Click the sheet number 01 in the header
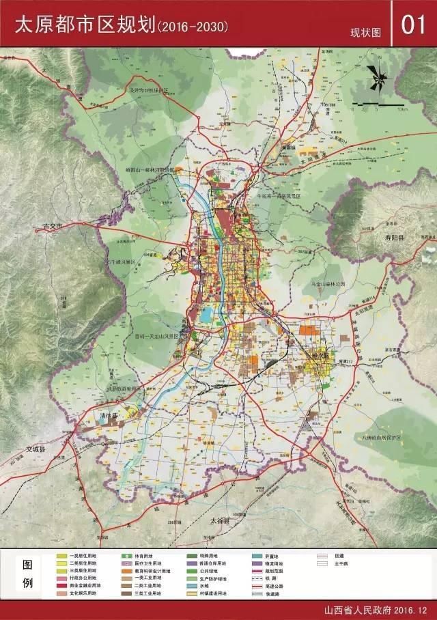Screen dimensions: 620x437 click(x=414, y=25)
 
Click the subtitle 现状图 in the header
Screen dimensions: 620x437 click(x=365, y=32)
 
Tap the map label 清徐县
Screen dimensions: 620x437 click(x=109, y=415)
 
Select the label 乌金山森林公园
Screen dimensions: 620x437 click(x=327, y=283)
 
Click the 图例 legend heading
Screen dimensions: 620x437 click(x=27, y=575)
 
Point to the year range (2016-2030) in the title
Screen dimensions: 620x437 click(x=193, y=27)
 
